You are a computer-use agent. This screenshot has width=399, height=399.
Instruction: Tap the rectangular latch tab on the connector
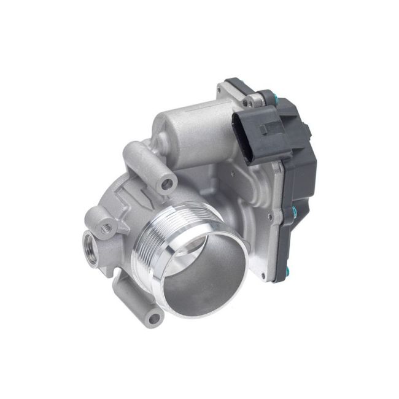click(271, 128)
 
